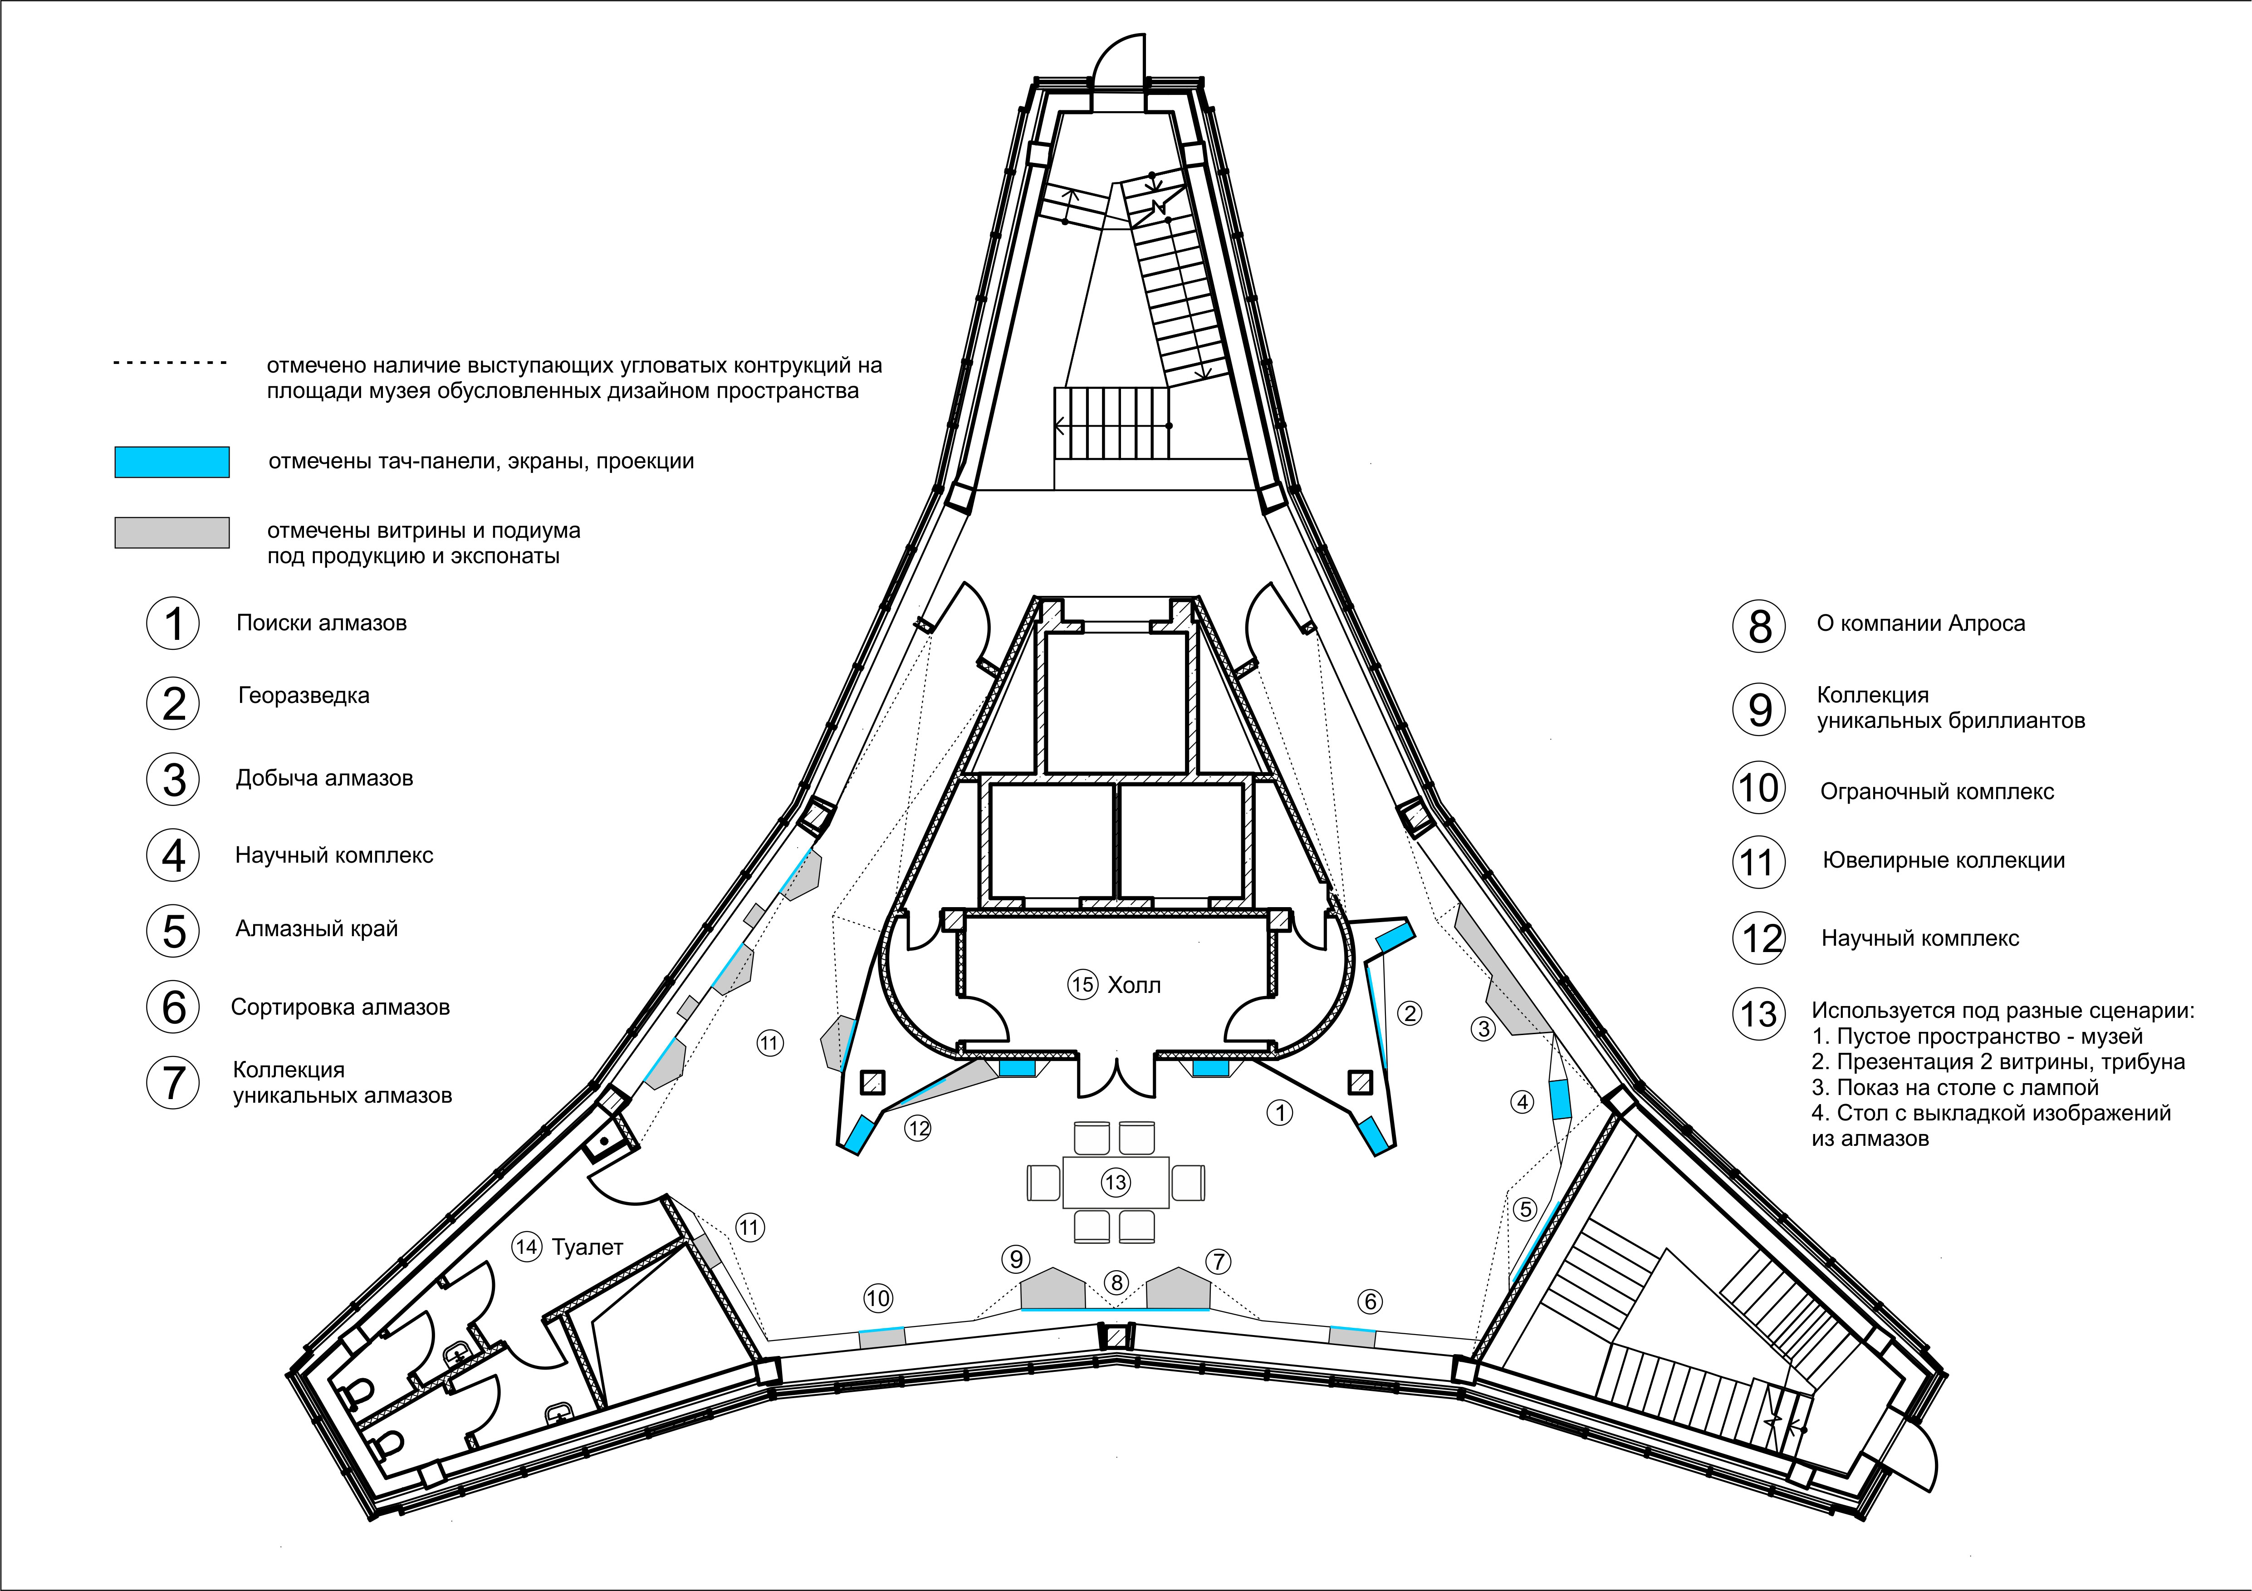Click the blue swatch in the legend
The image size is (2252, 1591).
pyautogui.click(x=171, y=462)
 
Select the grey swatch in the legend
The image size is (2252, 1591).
pyautogui.click(x=171, y=533)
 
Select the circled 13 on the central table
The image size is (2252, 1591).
pyautogui.click(x=1115, y=1182)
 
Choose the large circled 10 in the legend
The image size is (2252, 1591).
pyautogui.click(x=1759, y=788)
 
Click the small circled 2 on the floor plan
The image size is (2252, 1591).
pyautogui.click(x=1410, y=1013)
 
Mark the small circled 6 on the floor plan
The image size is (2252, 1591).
pyautogui.click(x=1370, y=1301)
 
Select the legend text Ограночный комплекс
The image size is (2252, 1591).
pyautogui.click(x=1937, y=791)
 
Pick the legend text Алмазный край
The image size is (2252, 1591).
pyautogui.click(x=317, y=929)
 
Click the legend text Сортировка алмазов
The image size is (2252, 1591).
pyautogui.click(x=340, y=1007)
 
